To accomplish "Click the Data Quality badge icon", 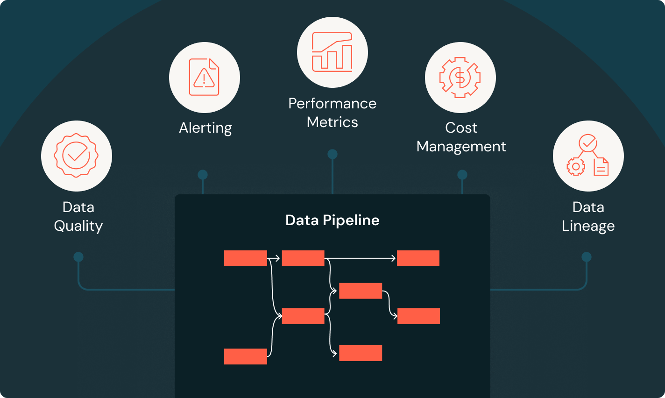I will pos(77,156).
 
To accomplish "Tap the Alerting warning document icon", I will pos(204,77).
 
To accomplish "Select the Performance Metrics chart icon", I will pos(332,52).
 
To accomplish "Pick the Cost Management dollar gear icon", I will pos(460,77).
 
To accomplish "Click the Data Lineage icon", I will pos(588,156).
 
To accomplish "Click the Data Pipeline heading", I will pos(332,220).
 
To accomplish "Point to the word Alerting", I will pos(205,128).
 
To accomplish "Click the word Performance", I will pos(332,103).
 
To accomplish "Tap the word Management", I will pos(461,146).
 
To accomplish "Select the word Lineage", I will pos(588,226).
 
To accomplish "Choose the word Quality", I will pos(78,226).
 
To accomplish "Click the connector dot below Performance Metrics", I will pos(332,154).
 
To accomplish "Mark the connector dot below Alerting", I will pos(203,175).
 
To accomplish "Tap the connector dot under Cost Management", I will pos(462,175).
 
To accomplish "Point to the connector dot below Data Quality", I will pos(78,257).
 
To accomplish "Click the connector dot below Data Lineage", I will pos(587,257).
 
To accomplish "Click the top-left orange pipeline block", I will pos(245,258).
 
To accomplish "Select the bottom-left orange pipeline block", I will pos(245,356).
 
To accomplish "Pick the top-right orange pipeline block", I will pos(418,258).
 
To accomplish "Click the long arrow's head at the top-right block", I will pos(394,258).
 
